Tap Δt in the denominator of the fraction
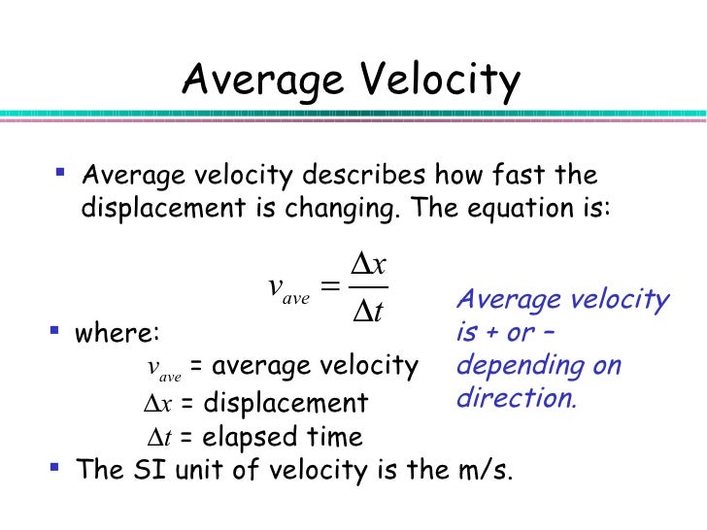(x=367, y=312)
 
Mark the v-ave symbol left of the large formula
(x=287, y=289)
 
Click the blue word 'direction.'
(x=516, y=398)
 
